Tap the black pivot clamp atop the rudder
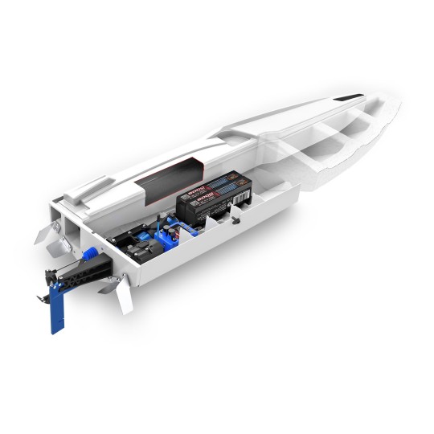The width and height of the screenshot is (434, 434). click(x=54, y=278)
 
